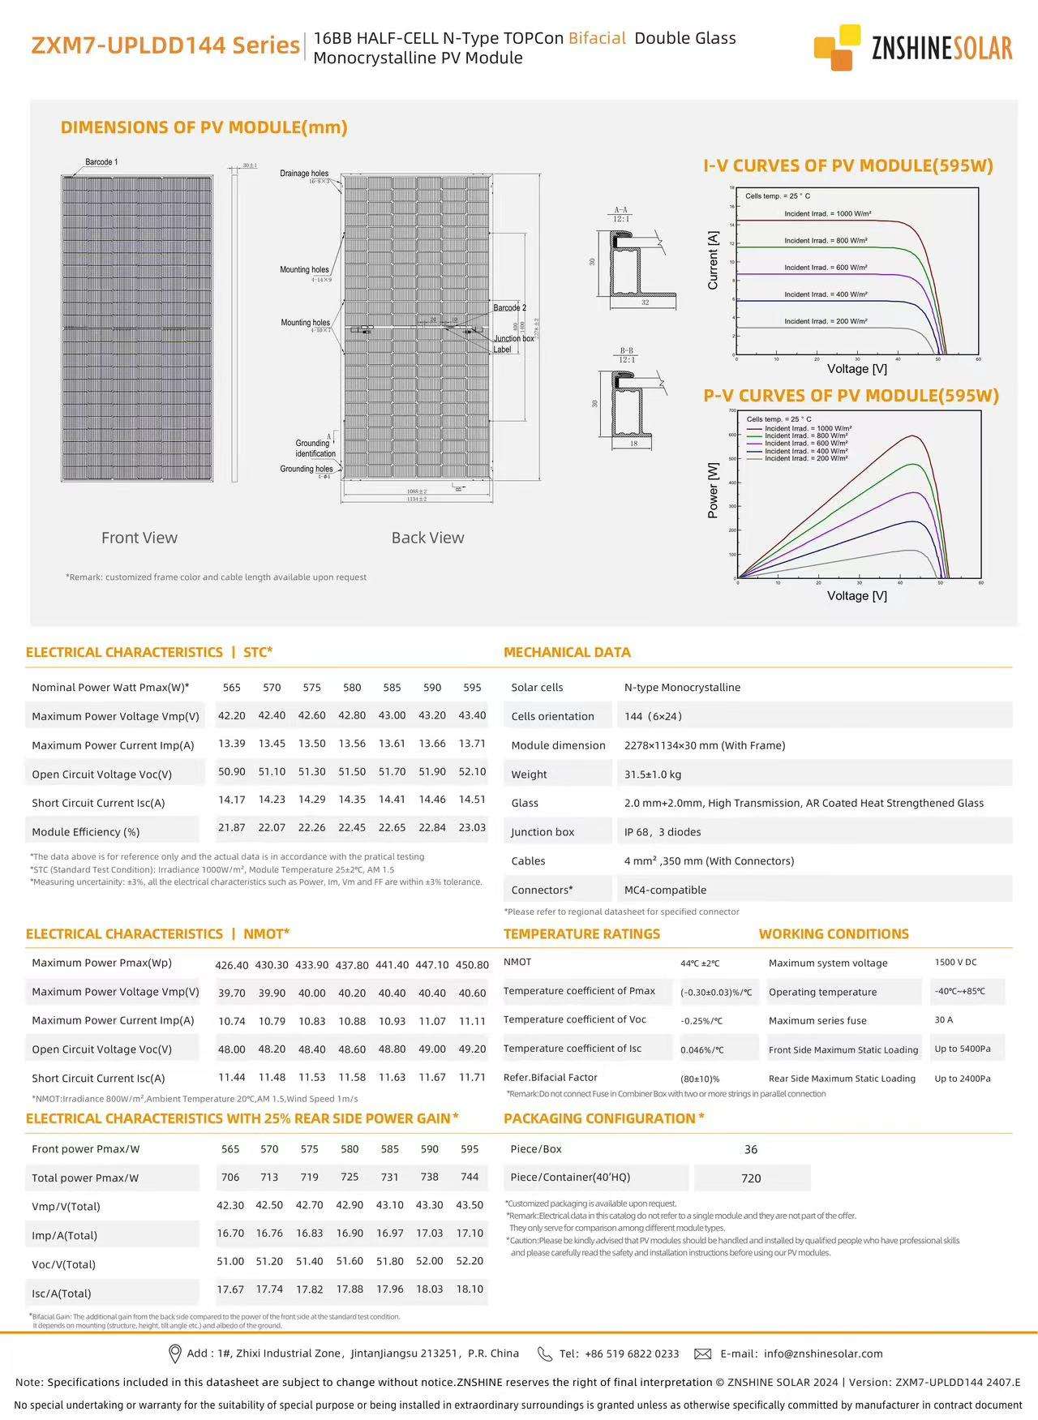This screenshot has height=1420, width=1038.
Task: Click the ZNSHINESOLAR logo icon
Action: pyautogui.click(x=837, y=47)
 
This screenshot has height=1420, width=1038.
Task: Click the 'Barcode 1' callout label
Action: pyautogui.click(x=101, y=162)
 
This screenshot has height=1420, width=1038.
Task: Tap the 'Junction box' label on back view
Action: pyautogui.click(x=514, y=338)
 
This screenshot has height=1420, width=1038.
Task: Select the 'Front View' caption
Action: pyautogui.click(x=139, y=538)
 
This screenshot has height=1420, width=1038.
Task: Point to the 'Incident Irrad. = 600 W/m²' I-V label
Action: pyautogui.click(x=826, y=268)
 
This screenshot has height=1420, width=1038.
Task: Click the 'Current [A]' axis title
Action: pyautogui.click(x=713, y=260)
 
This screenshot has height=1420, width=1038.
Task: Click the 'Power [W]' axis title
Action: pyautogui.click(x=713, y=490)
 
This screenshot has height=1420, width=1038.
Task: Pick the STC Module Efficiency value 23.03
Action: pyautogui.click(x=472, y=827)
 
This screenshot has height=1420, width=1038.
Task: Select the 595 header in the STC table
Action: pyautogui.click(x=472, y=687)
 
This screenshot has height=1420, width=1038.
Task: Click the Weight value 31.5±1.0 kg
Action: pyautogui.click(x=653, y=774)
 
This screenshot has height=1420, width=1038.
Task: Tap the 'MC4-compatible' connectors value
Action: pyautogui.click(x=665, y=890)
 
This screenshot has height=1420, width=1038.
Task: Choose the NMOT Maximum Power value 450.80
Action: pyautogui.click(x=472, y=965)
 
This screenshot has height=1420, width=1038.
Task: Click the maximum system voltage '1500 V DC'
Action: pyautogui.click(x=955, y=963)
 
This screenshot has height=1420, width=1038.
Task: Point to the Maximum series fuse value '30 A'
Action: pyautogui.click(x=943, y=1020)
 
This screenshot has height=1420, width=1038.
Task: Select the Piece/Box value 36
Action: pyautogui.click(x=751, y=1149)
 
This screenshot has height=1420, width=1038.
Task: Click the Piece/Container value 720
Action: pyautogui.click(x=751, y=1178)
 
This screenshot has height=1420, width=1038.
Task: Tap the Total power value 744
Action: pyautogui.click(x=470, y=1177)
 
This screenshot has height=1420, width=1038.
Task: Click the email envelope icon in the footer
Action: pyautogui.click(x=703, y=1354)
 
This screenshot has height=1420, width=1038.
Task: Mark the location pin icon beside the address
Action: pyautogui.click(x=174, y=1354)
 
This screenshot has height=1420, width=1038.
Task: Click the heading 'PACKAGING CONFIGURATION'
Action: pyautogui.click(x=599, y=1118)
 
